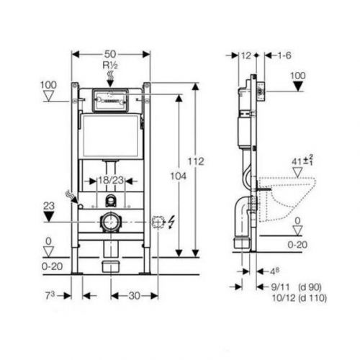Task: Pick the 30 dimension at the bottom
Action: click(134, 295)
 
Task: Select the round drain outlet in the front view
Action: click(110, 222)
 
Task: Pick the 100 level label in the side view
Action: click(297, 74)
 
